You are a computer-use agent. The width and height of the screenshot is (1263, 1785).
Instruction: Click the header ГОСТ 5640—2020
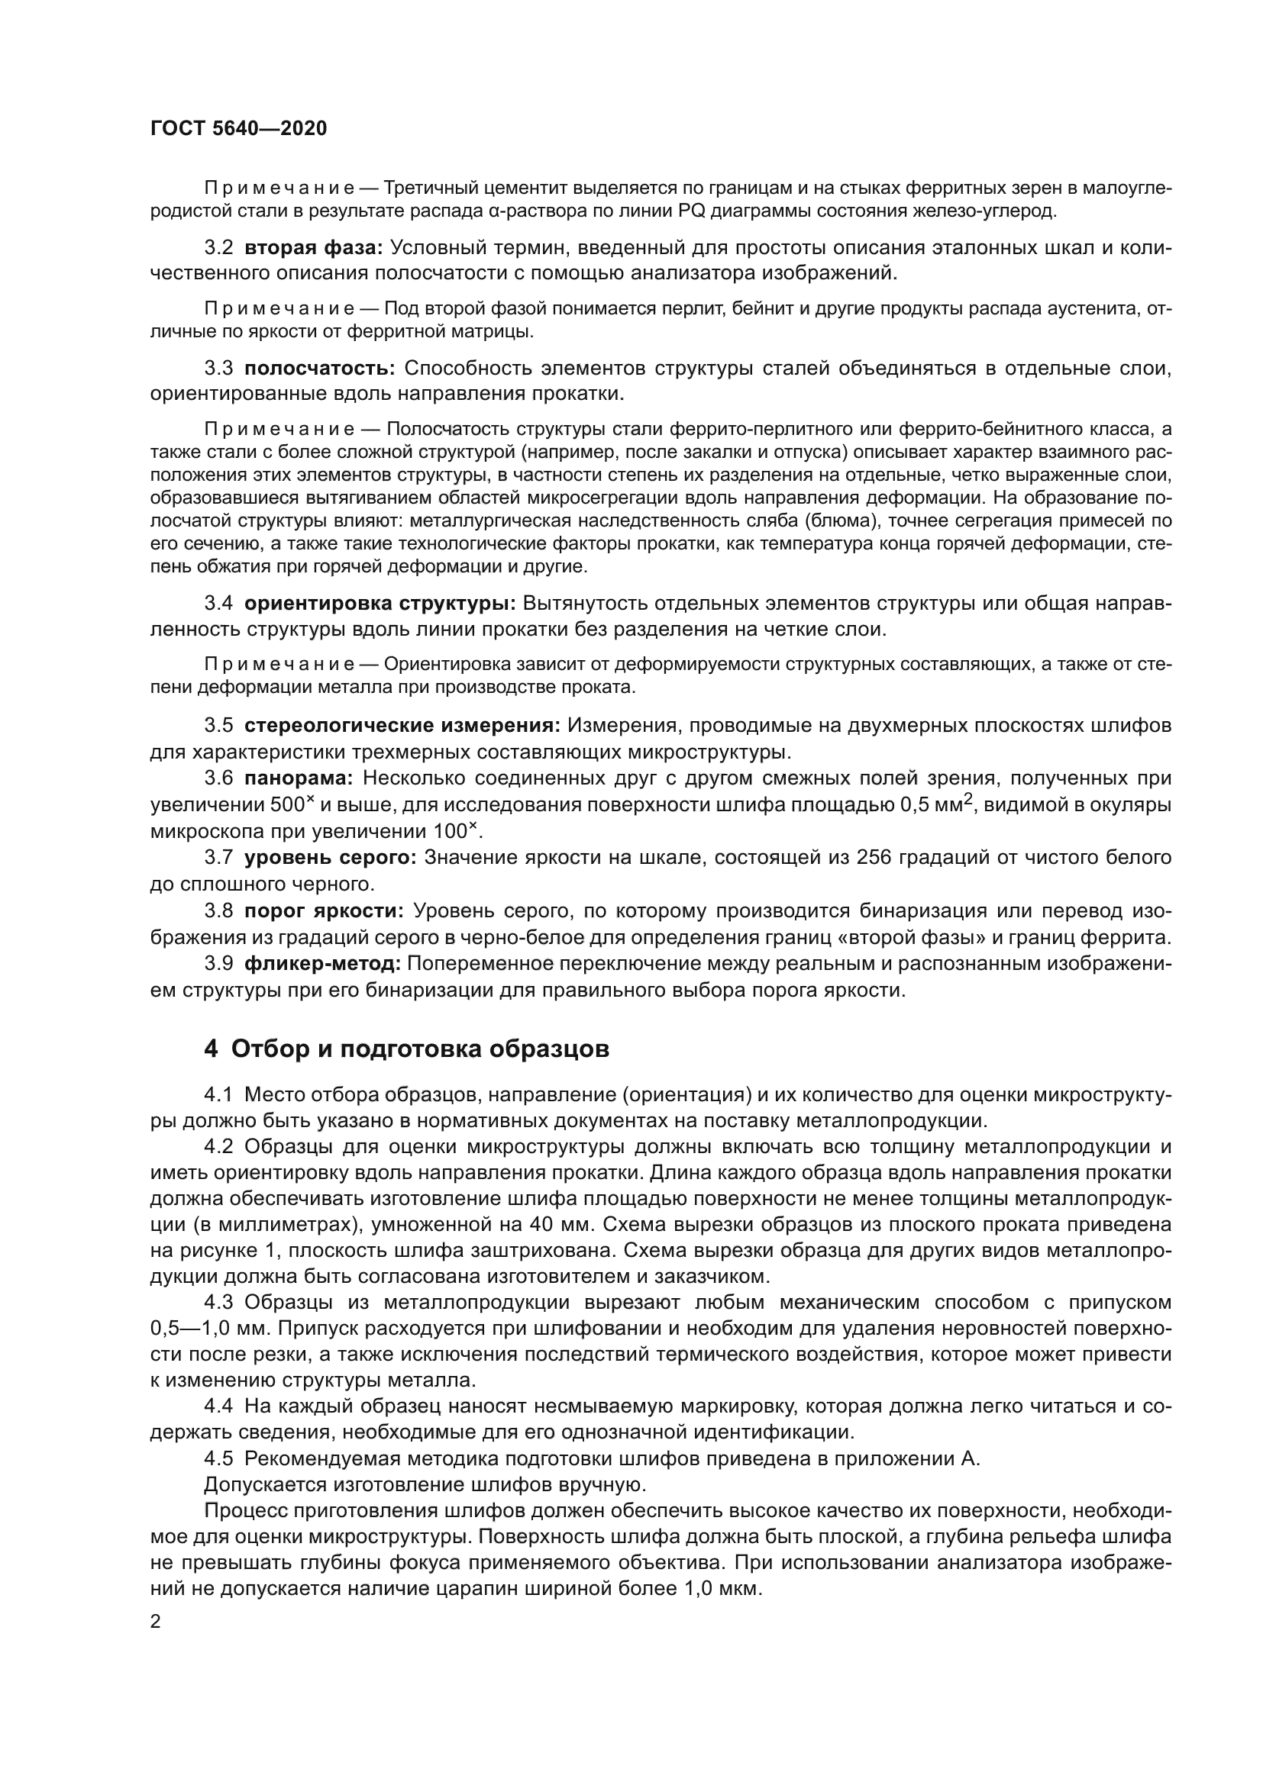[x=239, y=129]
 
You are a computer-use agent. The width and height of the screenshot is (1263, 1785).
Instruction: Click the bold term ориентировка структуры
[x=380, y=604]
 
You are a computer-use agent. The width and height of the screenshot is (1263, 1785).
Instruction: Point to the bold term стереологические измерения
[x=402, y=725]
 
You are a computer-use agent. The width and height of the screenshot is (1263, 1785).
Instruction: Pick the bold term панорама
[x=299, y=778]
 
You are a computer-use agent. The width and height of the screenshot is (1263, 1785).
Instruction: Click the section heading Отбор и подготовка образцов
[x=420, y=1049]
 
